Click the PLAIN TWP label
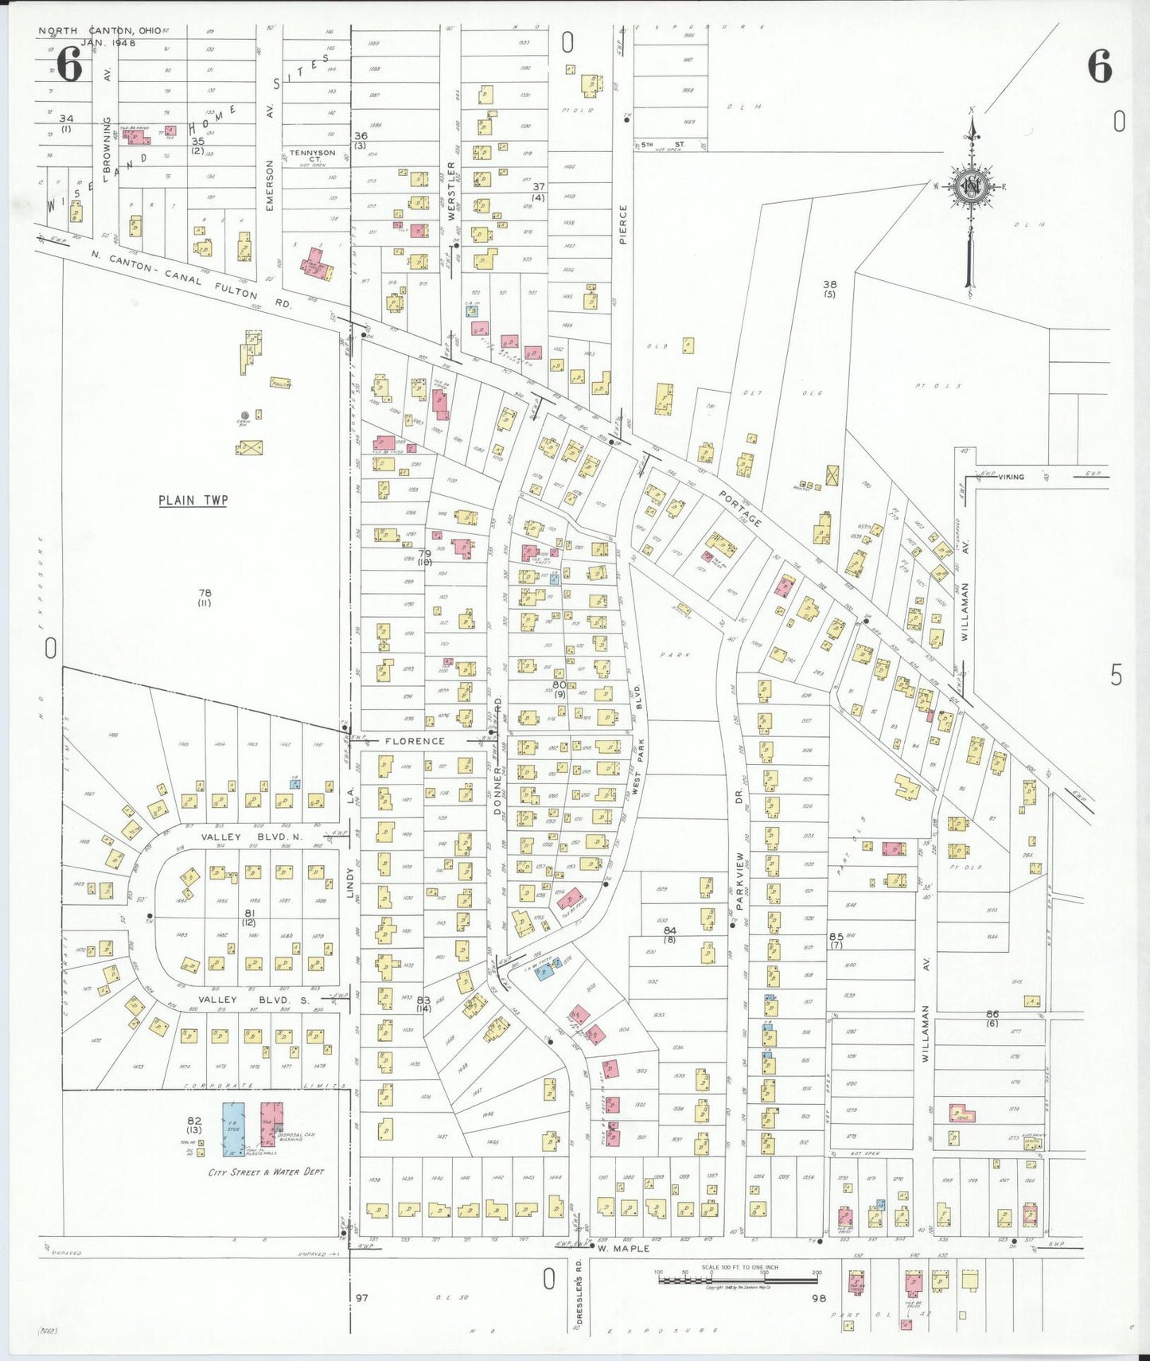193,501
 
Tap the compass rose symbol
972,188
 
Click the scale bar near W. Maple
737,1281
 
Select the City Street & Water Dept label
266,1172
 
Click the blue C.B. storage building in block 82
233,1129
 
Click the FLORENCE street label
415,741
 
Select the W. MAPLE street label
623,1248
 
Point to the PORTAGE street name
741,509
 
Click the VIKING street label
1011,477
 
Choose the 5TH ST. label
663,145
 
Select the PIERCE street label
623,224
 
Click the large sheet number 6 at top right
1099,67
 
